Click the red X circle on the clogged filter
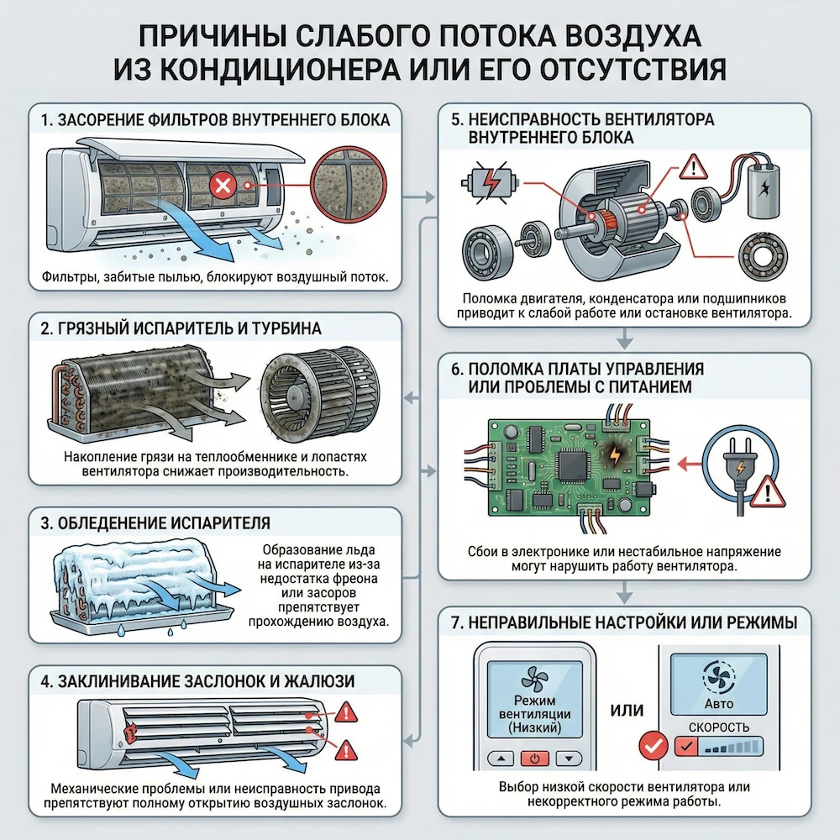(223, 186)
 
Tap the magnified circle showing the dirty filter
(347, 193)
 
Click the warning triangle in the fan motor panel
(693, 168)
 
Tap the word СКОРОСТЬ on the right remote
(719, 727)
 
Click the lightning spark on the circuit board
(616, 454)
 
